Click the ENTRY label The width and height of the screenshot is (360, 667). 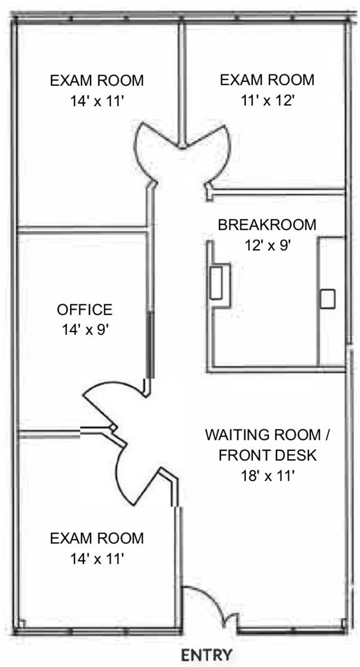pos(207,655)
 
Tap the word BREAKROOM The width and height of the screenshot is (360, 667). pos(267,225)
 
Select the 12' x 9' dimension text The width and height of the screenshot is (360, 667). pos(267,245)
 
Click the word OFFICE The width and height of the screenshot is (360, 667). pos(85,309)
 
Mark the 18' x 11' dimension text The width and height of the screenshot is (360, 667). pos(267,476)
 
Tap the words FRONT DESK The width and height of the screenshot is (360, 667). pos(268,455)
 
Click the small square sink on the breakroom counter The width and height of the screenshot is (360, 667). pos(327,299)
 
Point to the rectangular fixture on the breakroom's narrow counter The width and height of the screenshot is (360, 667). pos(217,282)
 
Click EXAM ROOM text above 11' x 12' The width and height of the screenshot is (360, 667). pos(267,79)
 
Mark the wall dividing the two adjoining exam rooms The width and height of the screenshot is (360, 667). pos(183,83)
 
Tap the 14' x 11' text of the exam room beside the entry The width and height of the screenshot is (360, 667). pos(97,558)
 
